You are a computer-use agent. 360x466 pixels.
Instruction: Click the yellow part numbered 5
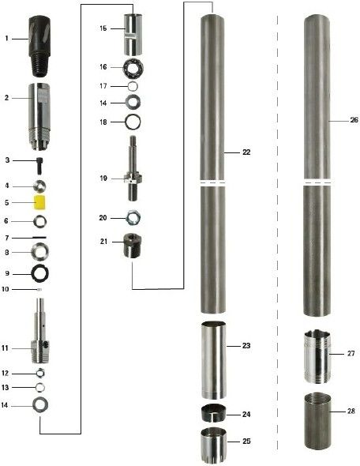coord(39,202)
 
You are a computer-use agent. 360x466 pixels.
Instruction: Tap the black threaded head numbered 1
coord(39,47)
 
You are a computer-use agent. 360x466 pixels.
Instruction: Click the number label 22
coord(246,152)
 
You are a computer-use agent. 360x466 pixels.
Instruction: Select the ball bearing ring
coord(133,67)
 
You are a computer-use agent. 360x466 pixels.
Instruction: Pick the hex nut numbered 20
coord(133,218)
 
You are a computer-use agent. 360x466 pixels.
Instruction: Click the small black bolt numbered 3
coord(39,166)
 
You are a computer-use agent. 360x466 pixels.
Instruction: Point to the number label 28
coord(351,411)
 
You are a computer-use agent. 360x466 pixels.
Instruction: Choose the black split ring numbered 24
coord(214,413)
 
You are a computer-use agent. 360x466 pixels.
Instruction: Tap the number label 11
coord(5,348)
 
